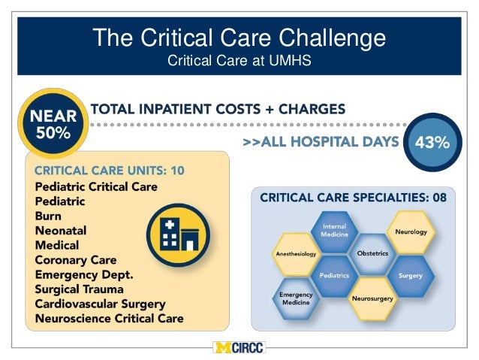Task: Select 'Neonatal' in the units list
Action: [61, 231]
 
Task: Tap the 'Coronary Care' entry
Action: [76, 260]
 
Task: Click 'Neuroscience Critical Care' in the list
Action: [109, 319]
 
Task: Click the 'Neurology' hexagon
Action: [411, 231]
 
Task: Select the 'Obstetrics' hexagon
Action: [372, 253]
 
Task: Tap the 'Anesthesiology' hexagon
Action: [296, 254]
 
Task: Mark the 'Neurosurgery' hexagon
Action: [372, 298]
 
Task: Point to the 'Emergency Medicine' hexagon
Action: [295, 298]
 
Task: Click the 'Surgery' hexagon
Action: [411, 275]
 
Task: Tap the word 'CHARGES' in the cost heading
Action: [309, 109]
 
